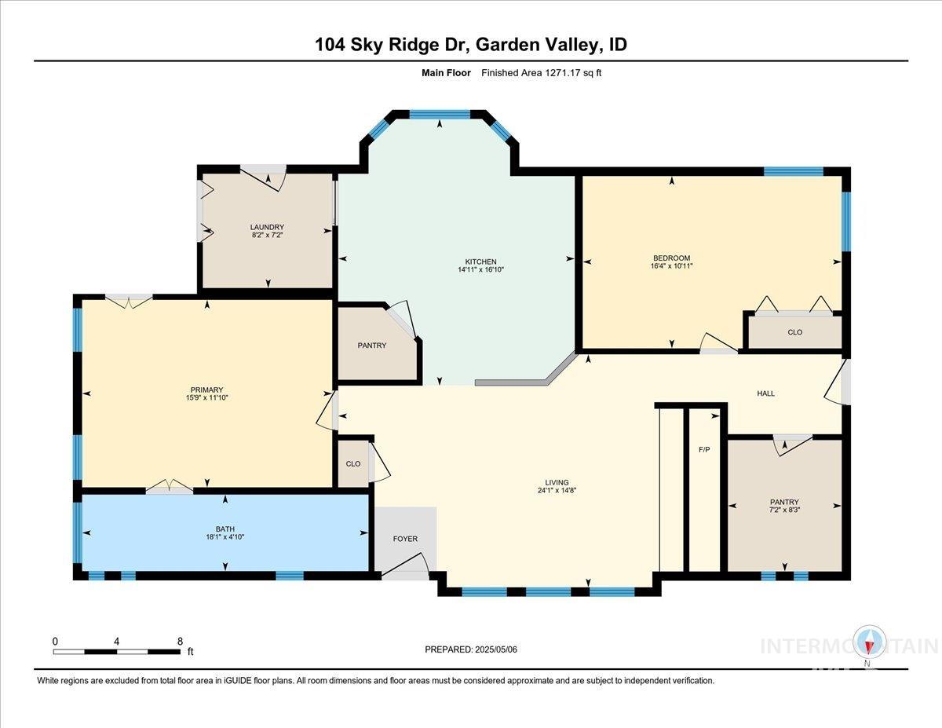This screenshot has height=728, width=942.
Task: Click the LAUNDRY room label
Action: point(268,228)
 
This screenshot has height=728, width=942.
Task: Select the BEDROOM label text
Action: point(671,258)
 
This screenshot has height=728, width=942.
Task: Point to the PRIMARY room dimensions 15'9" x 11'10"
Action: point(206,398)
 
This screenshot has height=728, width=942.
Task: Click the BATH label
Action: point(226,529)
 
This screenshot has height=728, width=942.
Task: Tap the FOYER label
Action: point(405,539)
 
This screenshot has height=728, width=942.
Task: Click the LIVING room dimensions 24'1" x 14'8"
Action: point(557,491)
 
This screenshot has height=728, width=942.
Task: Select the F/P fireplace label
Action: point(704,451)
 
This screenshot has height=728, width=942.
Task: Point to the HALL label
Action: point(765,393)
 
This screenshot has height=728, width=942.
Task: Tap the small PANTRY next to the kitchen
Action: point(372,346)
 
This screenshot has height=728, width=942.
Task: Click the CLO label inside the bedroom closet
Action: point(794,332)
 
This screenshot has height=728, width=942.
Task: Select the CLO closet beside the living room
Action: point(352,463)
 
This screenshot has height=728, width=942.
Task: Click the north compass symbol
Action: point(869,643)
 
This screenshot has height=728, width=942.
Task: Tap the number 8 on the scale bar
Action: point(180,641)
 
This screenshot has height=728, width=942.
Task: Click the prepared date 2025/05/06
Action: point(470,649)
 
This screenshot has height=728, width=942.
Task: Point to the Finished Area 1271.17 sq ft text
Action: point(541,73)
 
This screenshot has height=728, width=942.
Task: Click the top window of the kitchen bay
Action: point(440,115)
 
